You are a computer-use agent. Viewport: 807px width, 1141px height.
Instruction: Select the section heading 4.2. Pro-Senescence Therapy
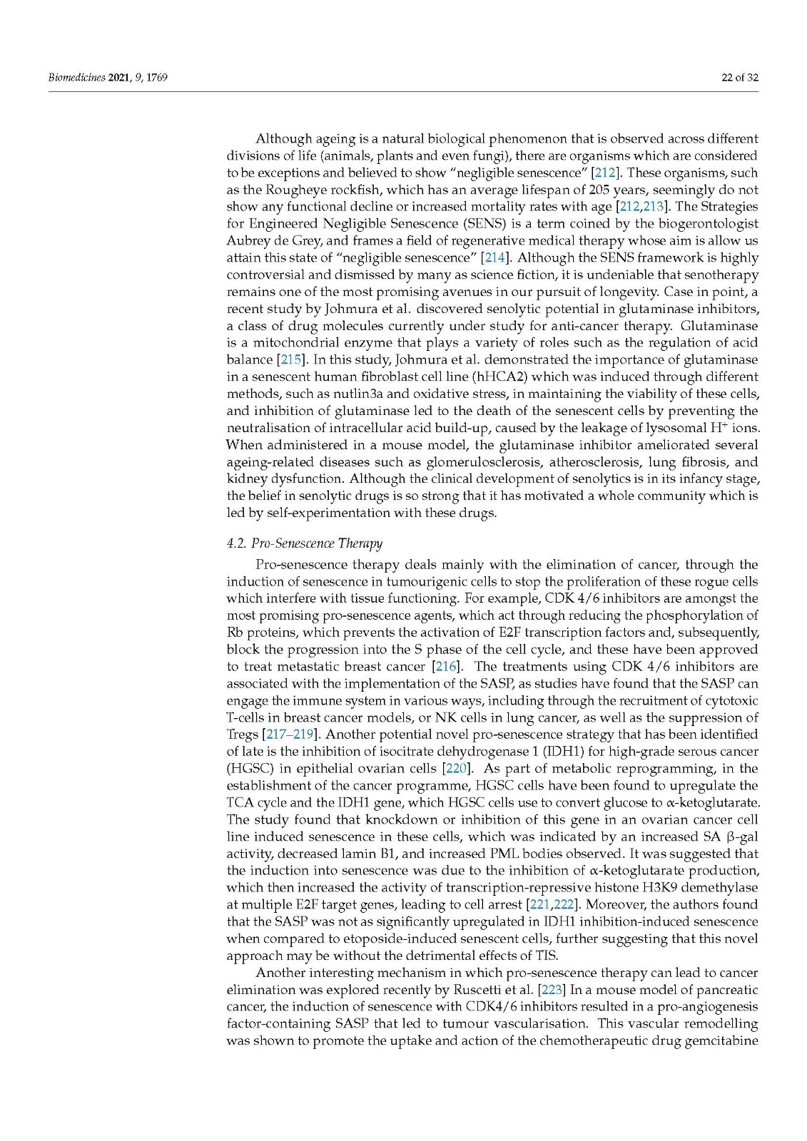click(304, 543)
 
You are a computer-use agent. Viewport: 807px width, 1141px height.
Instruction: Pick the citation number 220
click(455, 768)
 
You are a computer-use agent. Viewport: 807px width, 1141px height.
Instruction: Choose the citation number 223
click(553, 990)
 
